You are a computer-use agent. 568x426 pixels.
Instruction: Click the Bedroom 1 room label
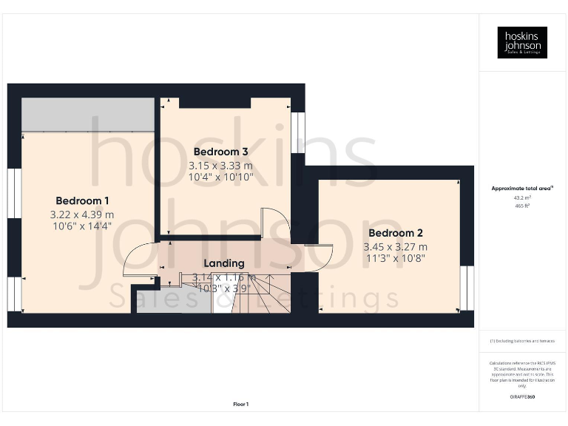click(82, 200)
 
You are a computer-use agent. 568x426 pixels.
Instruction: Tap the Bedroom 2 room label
click(395, 233)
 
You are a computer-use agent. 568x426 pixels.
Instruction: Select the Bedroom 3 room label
click(220, 152)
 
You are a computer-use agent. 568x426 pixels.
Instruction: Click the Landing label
click(223, 263)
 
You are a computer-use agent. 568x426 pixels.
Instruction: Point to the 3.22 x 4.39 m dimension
click(82, 214)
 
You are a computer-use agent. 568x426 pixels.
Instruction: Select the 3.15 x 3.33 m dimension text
click(220, 166)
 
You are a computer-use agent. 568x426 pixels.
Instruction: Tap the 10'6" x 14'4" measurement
click(82, 226)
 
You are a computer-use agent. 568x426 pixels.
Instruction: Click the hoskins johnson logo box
click(522, 42)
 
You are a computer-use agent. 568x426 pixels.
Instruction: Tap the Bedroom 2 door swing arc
click(318, 257)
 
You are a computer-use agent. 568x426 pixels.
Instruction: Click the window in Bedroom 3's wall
click(297, 132)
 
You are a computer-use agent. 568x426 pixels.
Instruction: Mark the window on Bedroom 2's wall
click(467, 288)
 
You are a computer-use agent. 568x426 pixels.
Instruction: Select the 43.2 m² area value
click(522, 197)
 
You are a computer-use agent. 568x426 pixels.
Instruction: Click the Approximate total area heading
click(522, 189)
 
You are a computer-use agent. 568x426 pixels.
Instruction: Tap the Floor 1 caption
click(240, 404)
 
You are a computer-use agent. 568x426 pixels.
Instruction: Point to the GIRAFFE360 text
click(522, 397)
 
